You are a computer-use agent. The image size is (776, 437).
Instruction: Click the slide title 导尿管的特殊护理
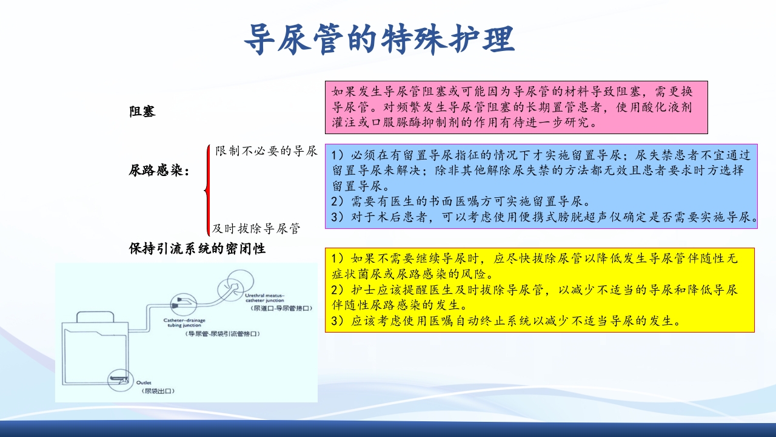[380, 40]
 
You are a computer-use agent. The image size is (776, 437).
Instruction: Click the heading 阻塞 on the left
[142, 112]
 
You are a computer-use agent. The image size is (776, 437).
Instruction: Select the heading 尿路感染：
[159, 171]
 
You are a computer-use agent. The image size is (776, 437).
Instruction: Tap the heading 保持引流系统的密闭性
[198, 248]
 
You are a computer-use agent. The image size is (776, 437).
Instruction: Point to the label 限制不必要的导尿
[266, 151]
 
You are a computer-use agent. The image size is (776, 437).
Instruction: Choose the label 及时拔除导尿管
[256, 229]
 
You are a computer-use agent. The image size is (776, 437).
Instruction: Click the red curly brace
[208, 189]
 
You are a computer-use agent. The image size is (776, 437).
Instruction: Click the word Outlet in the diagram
[144, 383]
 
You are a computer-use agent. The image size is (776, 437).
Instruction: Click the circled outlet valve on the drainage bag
[119, 381]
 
